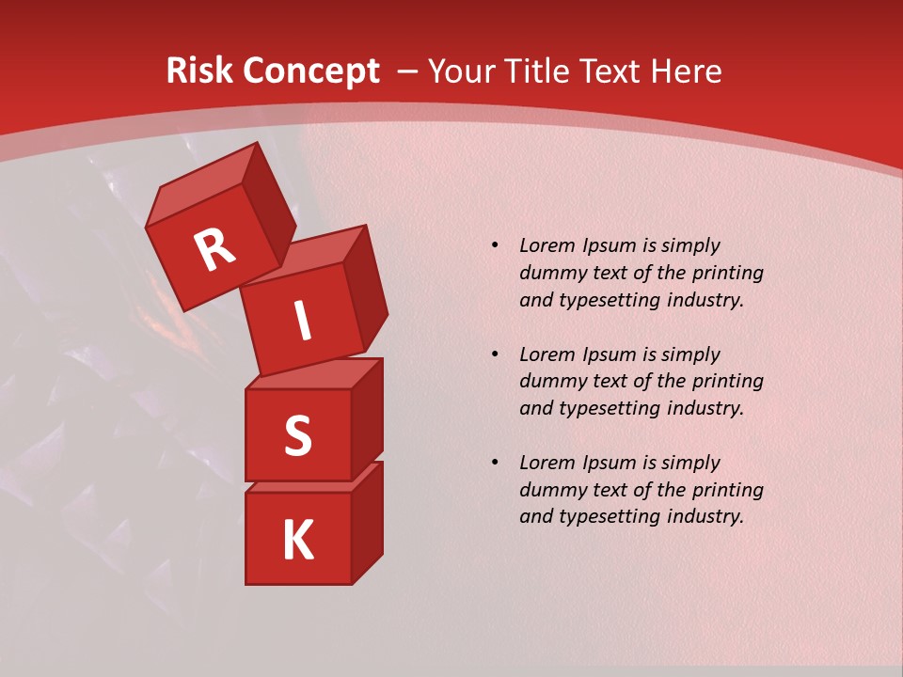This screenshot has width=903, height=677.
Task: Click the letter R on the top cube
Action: (x=214, y=250)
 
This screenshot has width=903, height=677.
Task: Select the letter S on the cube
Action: (x=297, y=435)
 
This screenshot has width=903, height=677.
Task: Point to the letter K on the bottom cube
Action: (x=297, y=541)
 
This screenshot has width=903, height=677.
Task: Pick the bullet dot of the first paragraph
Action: (x=495, y=246)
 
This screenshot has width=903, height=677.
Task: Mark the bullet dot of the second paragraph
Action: (x=495, y=355)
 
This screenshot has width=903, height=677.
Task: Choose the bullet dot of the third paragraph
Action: (x=495, y=464)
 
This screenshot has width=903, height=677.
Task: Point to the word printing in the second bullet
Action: (x=727, y=382)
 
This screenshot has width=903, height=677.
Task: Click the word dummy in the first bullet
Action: (x=550, y=274)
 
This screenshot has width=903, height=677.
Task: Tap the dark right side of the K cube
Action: (x=367, y=524)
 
